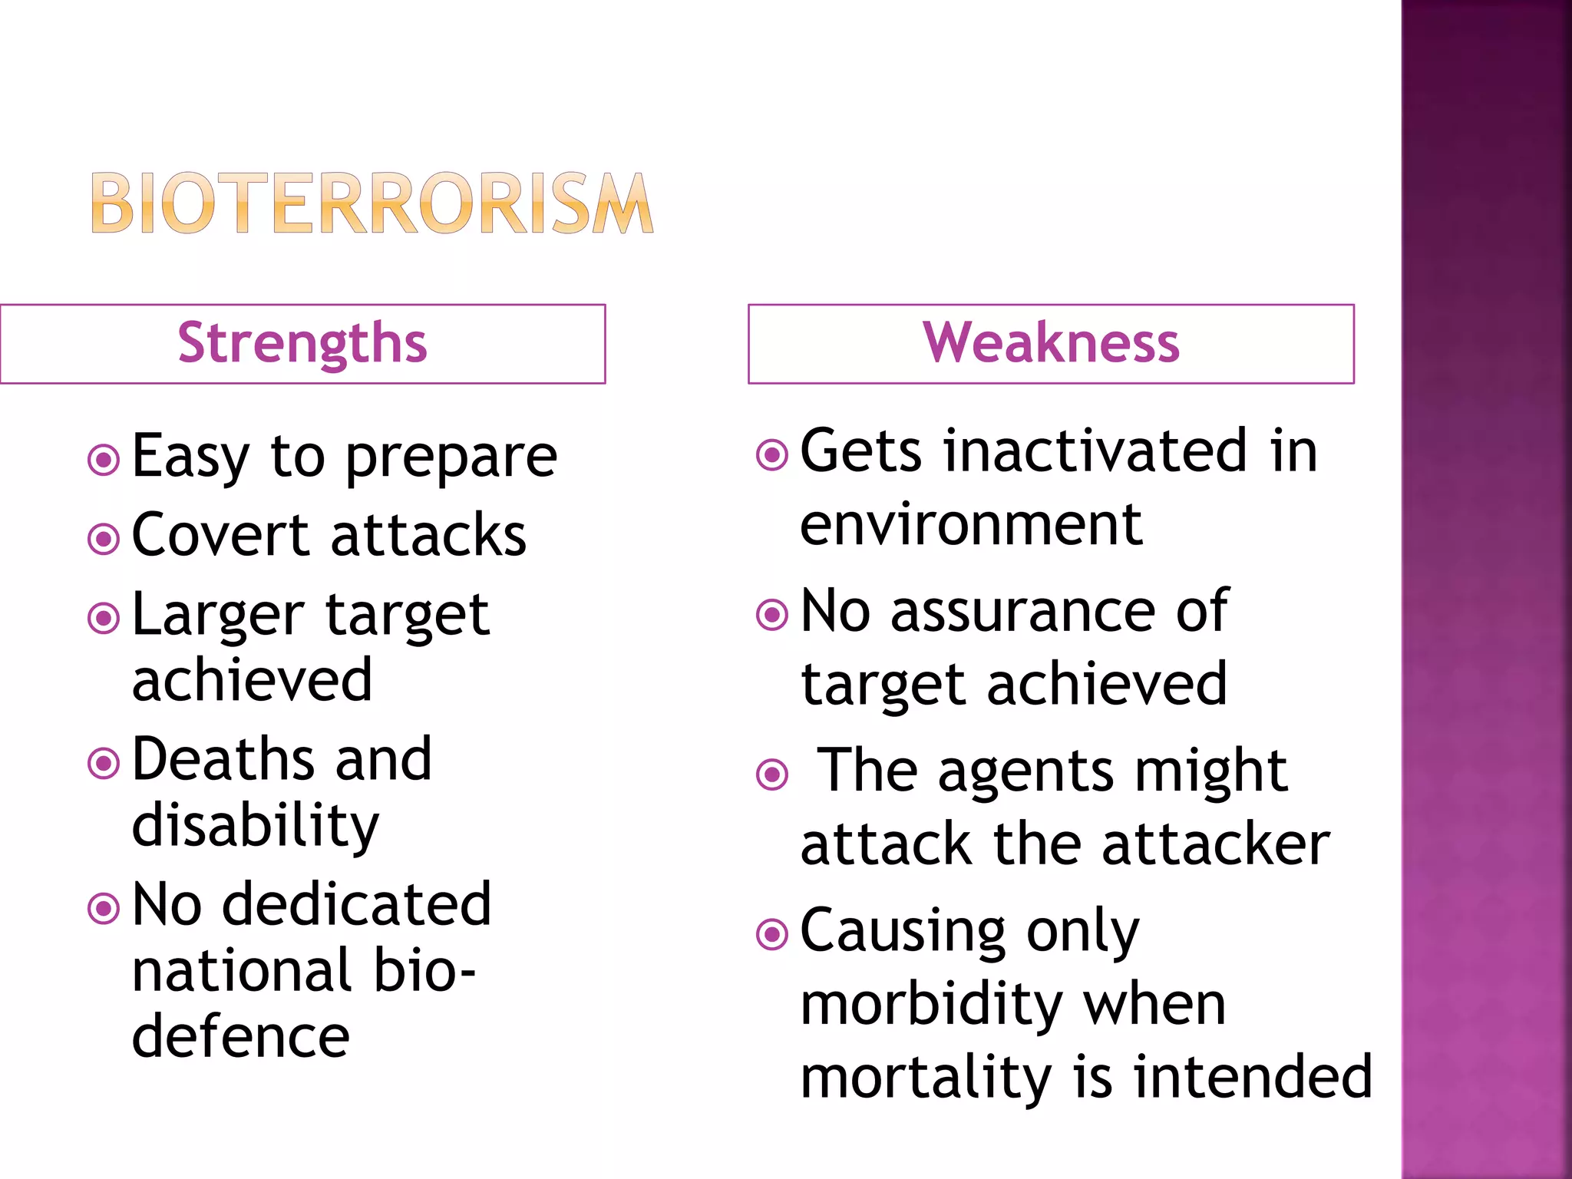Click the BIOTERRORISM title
372,203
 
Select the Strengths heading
302,343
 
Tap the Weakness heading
1051,343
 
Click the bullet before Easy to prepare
104,461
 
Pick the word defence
241,1037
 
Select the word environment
972,525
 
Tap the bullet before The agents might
772,774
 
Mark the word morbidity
932,1006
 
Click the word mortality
926,1077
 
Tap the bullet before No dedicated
104,909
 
